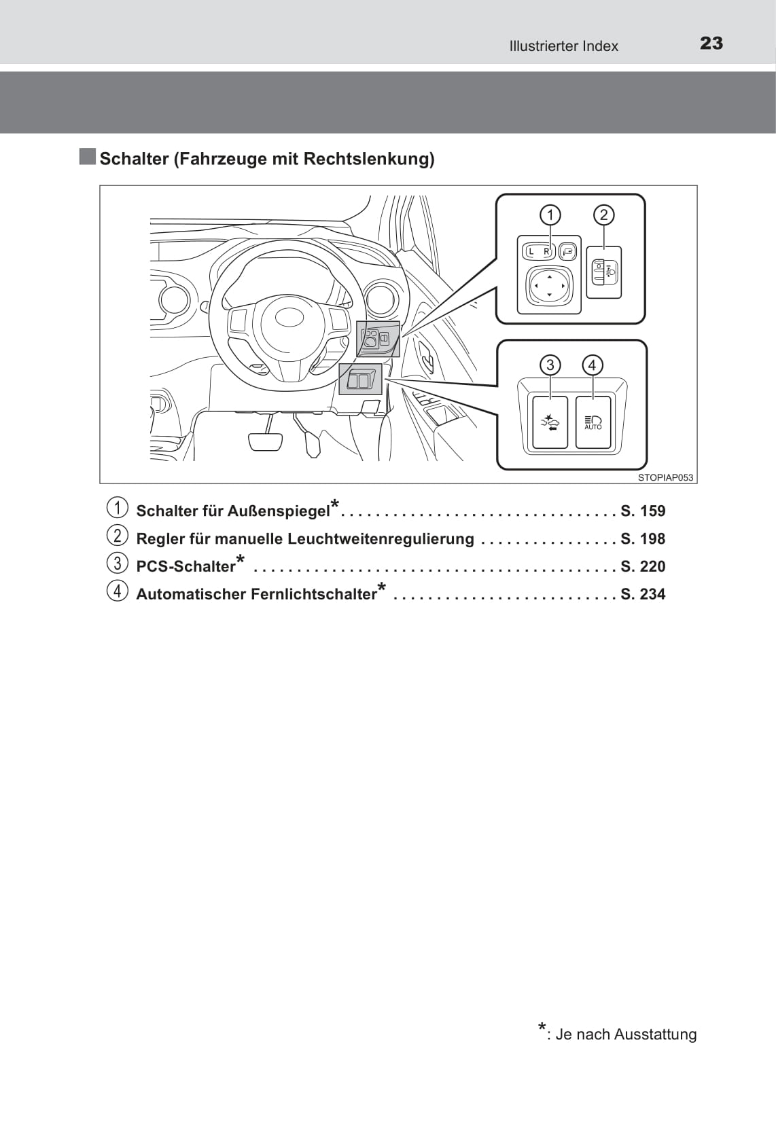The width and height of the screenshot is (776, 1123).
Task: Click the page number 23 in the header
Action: coord(711,43)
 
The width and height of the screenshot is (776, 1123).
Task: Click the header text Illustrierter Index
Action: coord(563,46)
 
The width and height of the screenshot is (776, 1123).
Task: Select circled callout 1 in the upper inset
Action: coord(550,215)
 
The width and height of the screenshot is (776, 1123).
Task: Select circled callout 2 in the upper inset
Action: coord(603,215)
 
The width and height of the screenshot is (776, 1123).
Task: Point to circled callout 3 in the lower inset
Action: coord(550,365)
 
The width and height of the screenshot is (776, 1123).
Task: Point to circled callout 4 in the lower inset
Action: coord(593,365)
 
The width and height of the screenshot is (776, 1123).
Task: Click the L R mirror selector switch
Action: coord(539,251)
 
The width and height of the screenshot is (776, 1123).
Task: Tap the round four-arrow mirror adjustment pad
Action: coord(549,286)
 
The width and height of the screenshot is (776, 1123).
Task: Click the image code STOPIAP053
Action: coord(665,478)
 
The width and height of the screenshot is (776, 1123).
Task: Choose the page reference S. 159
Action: coord(643,511)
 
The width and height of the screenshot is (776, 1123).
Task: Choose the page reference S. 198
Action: coord(643,538)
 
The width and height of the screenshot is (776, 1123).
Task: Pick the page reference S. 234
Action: coord(643,593)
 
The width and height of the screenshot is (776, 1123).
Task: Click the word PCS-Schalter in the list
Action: coord(186,566)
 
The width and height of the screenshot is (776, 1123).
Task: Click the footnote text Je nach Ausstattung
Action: coord(626,1034)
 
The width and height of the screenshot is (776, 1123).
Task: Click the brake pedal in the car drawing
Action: coord(266,441)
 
